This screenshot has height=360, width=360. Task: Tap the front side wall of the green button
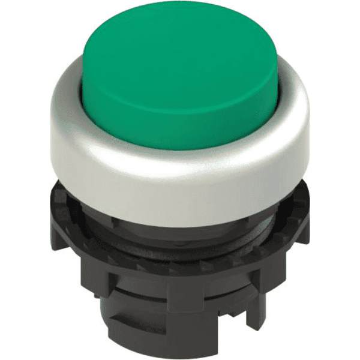[x=180, y=129]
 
